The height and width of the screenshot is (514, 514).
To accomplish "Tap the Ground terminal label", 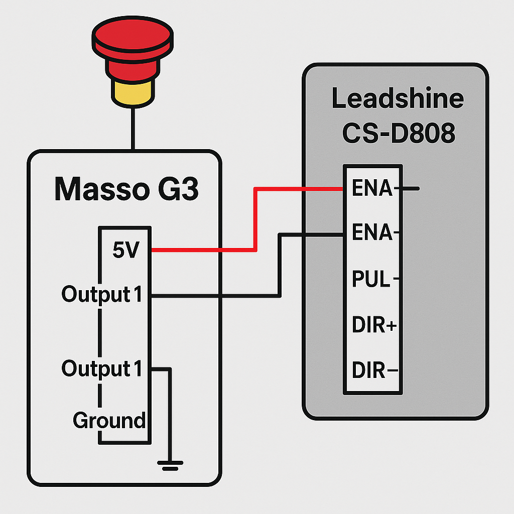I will [109, 420].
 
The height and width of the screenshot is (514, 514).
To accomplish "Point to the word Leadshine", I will [397, 99].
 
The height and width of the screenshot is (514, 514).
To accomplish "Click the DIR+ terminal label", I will [374, 326].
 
